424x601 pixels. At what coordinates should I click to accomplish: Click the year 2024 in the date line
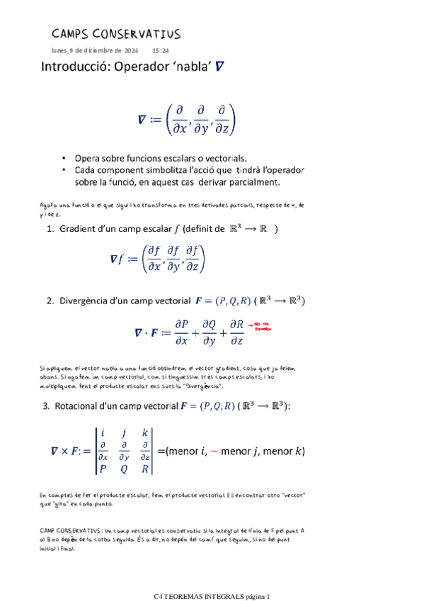(131, 51)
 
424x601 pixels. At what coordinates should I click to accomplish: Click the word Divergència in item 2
(92, 300)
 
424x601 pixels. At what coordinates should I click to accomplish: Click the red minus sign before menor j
(214, 451)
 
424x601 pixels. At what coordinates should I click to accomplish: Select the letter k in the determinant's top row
(145, 432)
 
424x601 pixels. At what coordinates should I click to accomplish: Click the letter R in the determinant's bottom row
(144, 468)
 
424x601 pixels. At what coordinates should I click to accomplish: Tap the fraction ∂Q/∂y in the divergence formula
(209, 332)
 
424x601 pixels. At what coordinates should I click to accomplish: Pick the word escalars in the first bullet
(183, 158)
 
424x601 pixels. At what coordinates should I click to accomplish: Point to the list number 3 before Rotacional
(46, 406)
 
